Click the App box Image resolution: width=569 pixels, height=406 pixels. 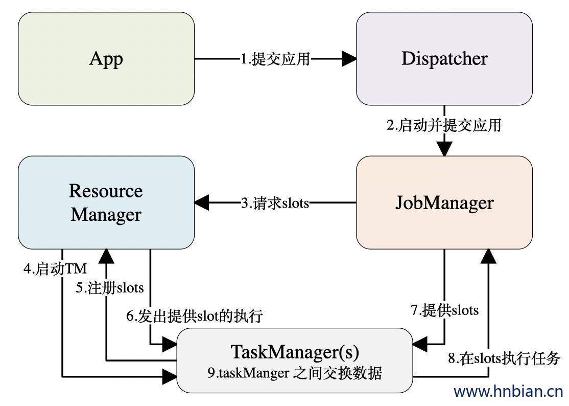106,59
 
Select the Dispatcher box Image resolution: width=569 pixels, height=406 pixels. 444,59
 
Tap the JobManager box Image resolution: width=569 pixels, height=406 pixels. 444,202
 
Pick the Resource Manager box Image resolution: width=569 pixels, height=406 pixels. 106,202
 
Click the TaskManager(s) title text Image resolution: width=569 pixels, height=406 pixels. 295,352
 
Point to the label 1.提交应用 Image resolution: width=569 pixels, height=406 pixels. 275,59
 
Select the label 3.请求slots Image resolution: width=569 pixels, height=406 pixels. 275,203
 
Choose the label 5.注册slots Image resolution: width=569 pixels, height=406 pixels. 110,288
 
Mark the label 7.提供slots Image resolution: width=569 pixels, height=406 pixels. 444,310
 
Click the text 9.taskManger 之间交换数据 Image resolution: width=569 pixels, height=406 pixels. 295,373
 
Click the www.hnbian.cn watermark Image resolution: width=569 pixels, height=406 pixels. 508,392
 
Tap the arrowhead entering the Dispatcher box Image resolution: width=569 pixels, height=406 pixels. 349,59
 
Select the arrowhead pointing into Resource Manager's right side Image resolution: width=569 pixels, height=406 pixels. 202,203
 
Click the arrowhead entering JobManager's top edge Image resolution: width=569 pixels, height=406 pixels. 444,149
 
